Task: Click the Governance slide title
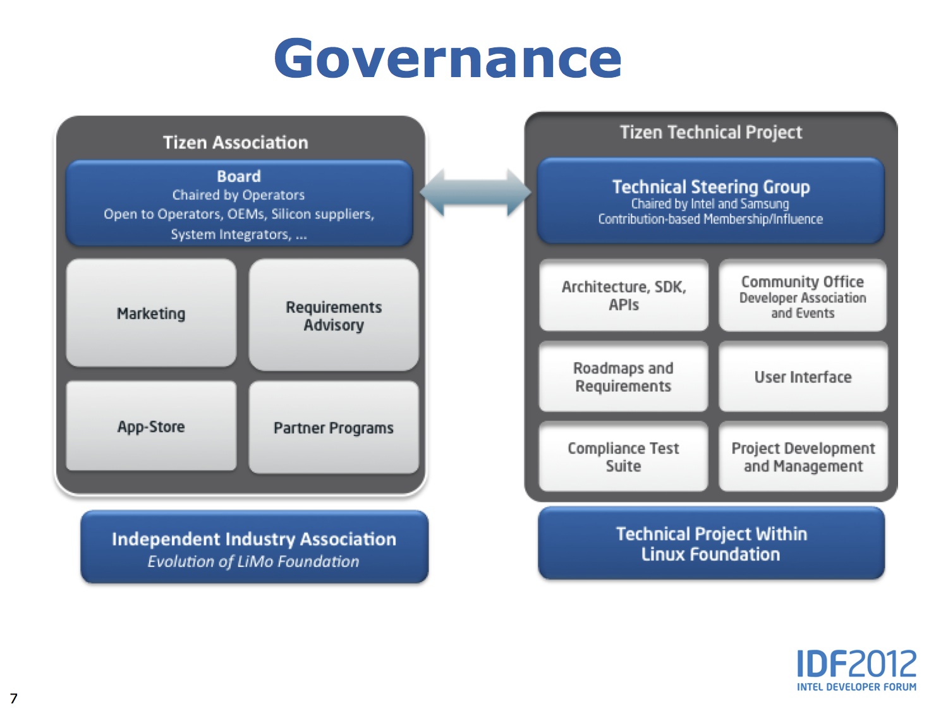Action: pos(447,58)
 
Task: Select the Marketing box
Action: pos(151,313)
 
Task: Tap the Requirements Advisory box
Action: pos(334,315)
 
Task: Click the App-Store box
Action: pos(151,427)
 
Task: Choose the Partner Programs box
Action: pos(334,428)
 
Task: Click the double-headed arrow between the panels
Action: pos(475,193)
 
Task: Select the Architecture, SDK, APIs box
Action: pos(624,295)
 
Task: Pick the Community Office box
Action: pos(803,296)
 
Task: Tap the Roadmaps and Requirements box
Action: pos(623,377)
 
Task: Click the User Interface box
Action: pos(803,377)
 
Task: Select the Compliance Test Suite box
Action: pos(623,456)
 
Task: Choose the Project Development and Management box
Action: pos(803,456)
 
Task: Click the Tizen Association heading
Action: pos(235,142)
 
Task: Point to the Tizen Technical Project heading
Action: pos(710,132)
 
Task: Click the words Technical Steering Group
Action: pos(710,186)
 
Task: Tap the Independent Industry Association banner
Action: pos(254,547)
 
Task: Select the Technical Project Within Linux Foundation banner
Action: pos(711,544)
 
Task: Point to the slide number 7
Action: pos(14,698)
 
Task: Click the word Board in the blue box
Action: pos(239,176)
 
